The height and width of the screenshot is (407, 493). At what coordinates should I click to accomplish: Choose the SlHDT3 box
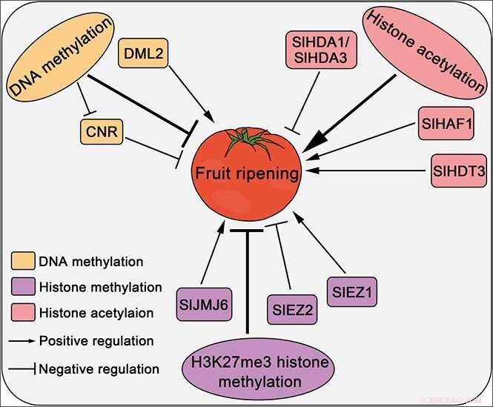coord(459,172)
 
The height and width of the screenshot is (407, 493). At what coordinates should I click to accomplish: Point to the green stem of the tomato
coord(246,137)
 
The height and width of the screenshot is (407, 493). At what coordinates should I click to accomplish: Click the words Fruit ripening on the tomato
coord(247,175)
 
